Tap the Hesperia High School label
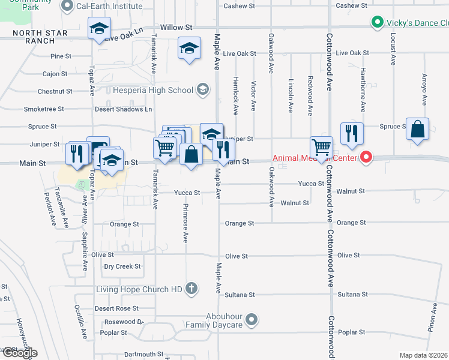point(153,91)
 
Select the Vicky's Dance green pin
point(376,23)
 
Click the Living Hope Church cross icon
point(191,289)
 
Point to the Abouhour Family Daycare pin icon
point(252,319)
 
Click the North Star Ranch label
point(37,37)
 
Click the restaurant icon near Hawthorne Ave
point(352,134)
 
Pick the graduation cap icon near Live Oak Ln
point(99,29)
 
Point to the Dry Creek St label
point(122,266)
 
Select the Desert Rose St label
point(116,308)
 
